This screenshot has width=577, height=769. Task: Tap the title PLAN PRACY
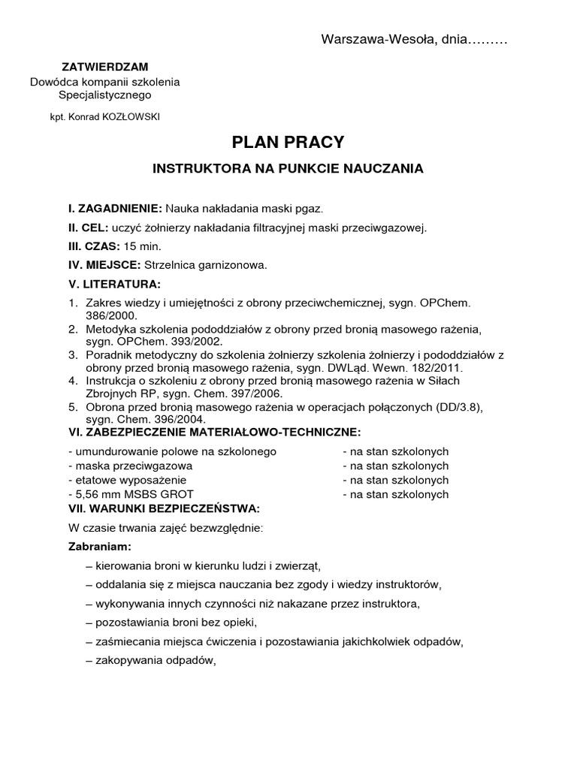point(288,143)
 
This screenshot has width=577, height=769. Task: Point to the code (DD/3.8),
point(458,407)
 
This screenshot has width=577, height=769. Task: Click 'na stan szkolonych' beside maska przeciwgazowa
point(395,466)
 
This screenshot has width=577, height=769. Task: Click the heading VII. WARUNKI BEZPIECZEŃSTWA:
point(164,508)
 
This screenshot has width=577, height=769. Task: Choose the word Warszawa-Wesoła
point(364,39)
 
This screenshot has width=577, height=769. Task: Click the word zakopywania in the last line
point(127,661)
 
